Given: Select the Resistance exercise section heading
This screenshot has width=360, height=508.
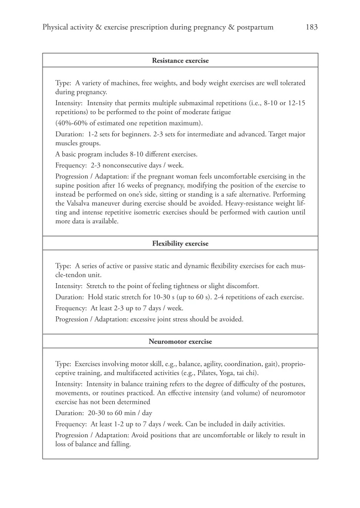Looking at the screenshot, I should tap(180, 60).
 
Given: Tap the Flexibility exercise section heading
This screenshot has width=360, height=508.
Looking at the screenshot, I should tap(180, 244).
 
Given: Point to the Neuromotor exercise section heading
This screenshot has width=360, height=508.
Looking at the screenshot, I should tap(180, 341).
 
